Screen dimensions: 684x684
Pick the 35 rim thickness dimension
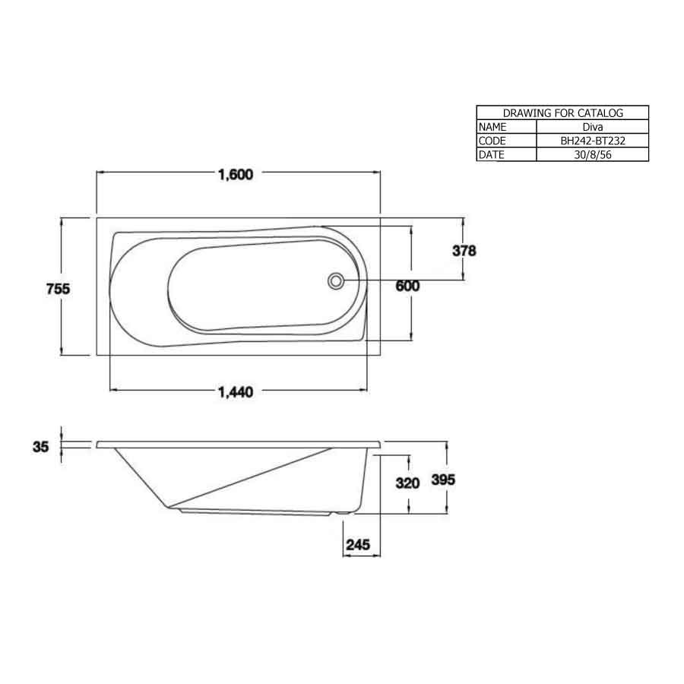click(x=41, y=447)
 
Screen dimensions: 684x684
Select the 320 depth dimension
click(x=409, y=483)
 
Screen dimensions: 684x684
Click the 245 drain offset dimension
click(x=358, y=544)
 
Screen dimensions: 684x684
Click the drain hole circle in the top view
click(x=334, y=281)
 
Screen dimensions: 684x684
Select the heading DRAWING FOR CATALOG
click(x=562, y=113)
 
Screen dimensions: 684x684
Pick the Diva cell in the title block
click(x=592, y=127)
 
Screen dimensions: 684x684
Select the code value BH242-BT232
click(x=592, y=141)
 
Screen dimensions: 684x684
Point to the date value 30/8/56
click(x=592, y=154)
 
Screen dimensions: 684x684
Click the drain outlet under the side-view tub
click(x=344, y=515)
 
